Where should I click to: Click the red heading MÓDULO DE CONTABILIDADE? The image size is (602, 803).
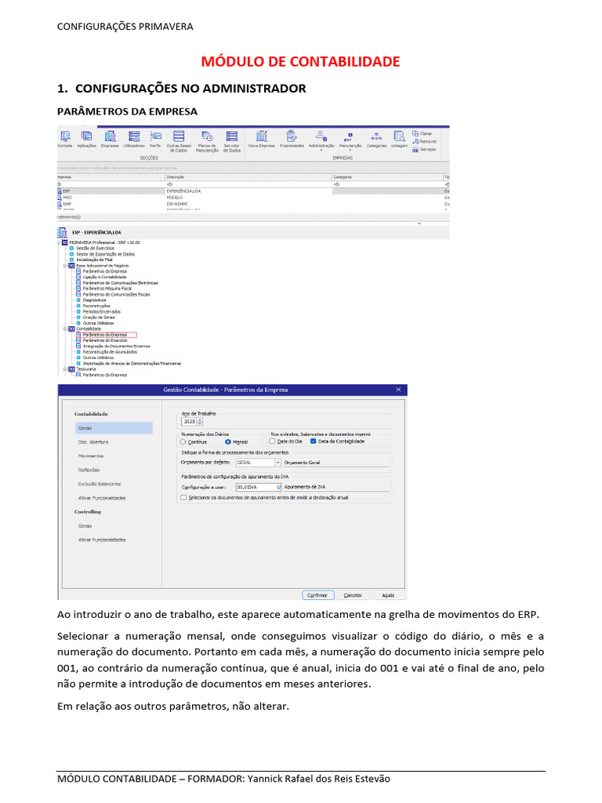click(x=301, y=61)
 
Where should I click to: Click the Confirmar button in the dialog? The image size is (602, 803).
click(x=317, y=594)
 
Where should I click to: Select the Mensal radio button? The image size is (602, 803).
click(x=228, y=441)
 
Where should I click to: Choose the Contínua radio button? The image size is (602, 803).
click(x=184, y=441)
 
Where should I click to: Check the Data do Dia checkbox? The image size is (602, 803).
click(x=273, y=441)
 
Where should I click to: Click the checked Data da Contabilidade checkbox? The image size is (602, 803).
click(x=314, y=441)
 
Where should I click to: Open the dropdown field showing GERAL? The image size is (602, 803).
click(x=252, y=463)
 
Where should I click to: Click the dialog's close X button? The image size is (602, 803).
click(x=398, y=390)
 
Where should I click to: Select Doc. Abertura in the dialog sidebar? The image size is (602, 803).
click(x=92, y=441)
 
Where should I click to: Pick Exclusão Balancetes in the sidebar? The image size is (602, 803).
click(x=100, y=484)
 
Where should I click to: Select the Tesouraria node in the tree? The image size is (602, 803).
click(x=86, y=369)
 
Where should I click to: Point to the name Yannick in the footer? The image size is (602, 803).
click(x=270, y=779)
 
